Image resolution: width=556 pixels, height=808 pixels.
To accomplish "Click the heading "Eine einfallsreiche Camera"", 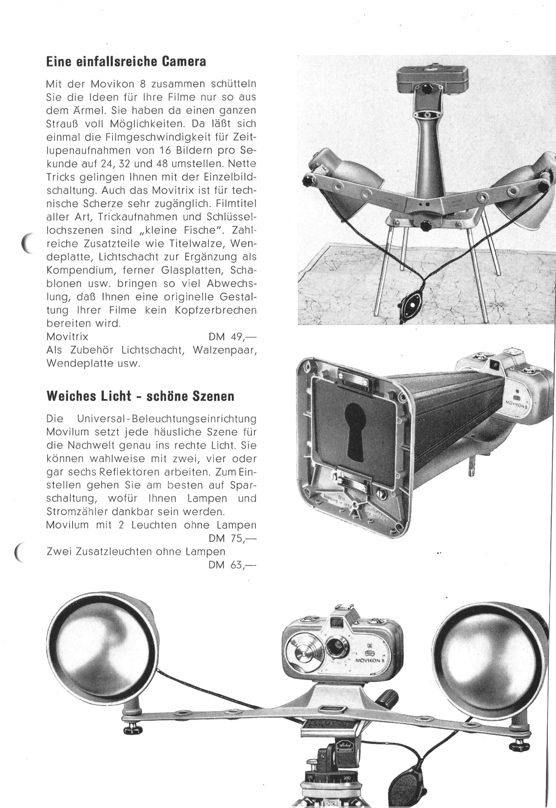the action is pyautogui.click(x=126, y=62).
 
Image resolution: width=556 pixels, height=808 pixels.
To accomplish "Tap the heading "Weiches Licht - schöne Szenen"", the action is pyautogui.click(x=140, y=396).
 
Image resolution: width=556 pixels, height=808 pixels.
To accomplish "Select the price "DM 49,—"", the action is pyautogui.click(x=232, y=337).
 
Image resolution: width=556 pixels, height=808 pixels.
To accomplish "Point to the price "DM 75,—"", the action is pyautogui.click(x=232, y=539).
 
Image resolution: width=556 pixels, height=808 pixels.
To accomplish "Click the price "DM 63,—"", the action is pyautogui.click(x=232, y=565).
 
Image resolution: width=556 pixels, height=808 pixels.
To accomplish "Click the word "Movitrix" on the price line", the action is pyautogui.click(x=67, y=337).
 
